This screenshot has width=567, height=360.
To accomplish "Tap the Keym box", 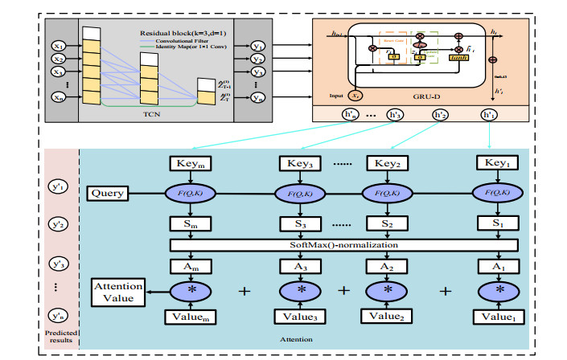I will [x=191, y=163].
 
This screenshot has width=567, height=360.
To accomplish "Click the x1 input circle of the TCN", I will [x=59, y=46].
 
